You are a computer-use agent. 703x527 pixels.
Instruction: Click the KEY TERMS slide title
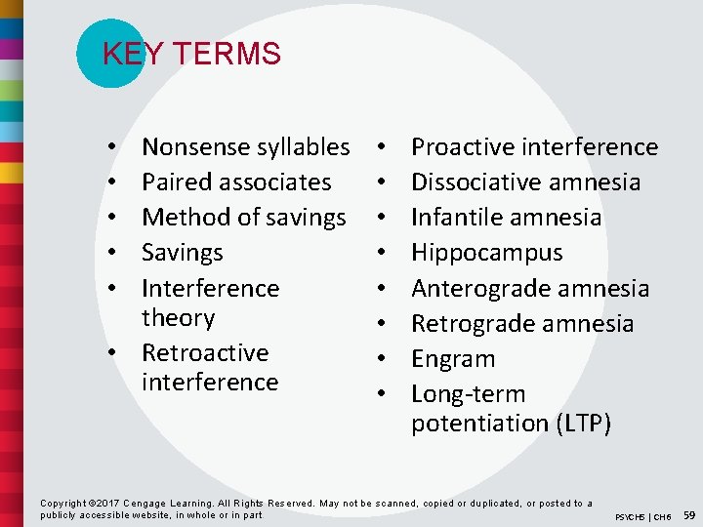pyautogui.click(x=191, y=54)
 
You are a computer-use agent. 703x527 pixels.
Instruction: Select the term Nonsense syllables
pyautogui.click(x=245, y=146)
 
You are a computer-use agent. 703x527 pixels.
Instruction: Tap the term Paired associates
pyautogui.click(x=236, y=182)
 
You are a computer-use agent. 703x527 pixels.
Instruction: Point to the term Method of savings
pyautogui.click(x=243, y=217)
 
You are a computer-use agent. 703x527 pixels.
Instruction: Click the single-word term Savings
pyautogui.click(x=182, y=252)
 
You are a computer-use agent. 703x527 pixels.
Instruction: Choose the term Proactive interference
pyautogui.click(x=534, y=146)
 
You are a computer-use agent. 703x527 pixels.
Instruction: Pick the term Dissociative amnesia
pyautogui.click(x=525, y=182)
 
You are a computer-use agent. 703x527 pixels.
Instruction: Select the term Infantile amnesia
pyautogui.click(x=506, y=217)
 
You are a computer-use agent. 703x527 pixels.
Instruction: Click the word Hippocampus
pyautogui.click(x=486, y=252)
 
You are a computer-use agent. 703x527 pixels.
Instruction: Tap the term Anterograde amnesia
pyautogui.click(x=529, y=288)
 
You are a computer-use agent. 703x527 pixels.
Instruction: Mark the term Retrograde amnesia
pyautogui.click(x=522, y=323)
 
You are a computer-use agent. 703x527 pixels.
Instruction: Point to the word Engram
pyautogui.click(x=452, y=358)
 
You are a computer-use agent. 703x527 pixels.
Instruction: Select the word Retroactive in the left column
pyautogui.click(x=204, y=352)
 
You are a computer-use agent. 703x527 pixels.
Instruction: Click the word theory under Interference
pyautogui.click(x=178, y=317)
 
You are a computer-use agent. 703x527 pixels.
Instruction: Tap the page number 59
pyautogui.click(x=689, y=513)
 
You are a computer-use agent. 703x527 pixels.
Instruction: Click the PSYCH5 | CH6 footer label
pyautogui.click(x=642, y=516)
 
